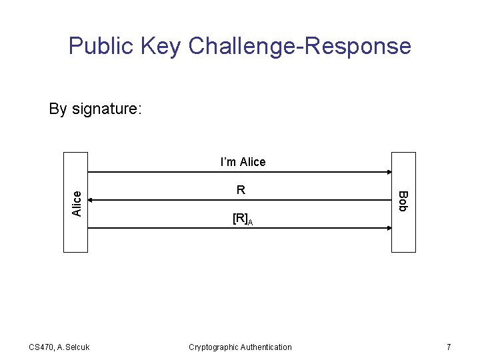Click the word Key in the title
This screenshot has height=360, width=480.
[162, 46]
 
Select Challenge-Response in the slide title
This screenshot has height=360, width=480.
[300, 46]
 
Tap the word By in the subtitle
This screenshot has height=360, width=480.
[58, 109]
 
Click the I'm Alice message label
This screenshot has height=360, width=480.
[243, 162]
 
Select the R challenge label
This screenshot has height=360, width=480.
[241, 190]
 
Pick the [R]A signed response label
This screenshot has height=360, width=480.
[241, 219]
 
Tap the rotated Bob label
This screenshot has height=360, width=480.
[402, 201]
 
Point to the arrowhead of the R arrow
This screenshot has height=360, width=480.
[91, 199]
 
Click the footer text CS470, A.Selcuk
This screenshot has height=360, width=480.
[59, 347]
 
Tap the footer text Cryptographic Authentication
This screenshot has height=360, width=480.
[240, 347]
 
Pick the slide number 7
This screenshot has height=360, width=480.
[449, 347]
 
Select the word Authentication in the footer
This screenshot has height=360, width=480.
[266, 347]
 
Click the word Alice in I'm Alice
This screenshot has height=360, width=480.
[252, 162]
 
